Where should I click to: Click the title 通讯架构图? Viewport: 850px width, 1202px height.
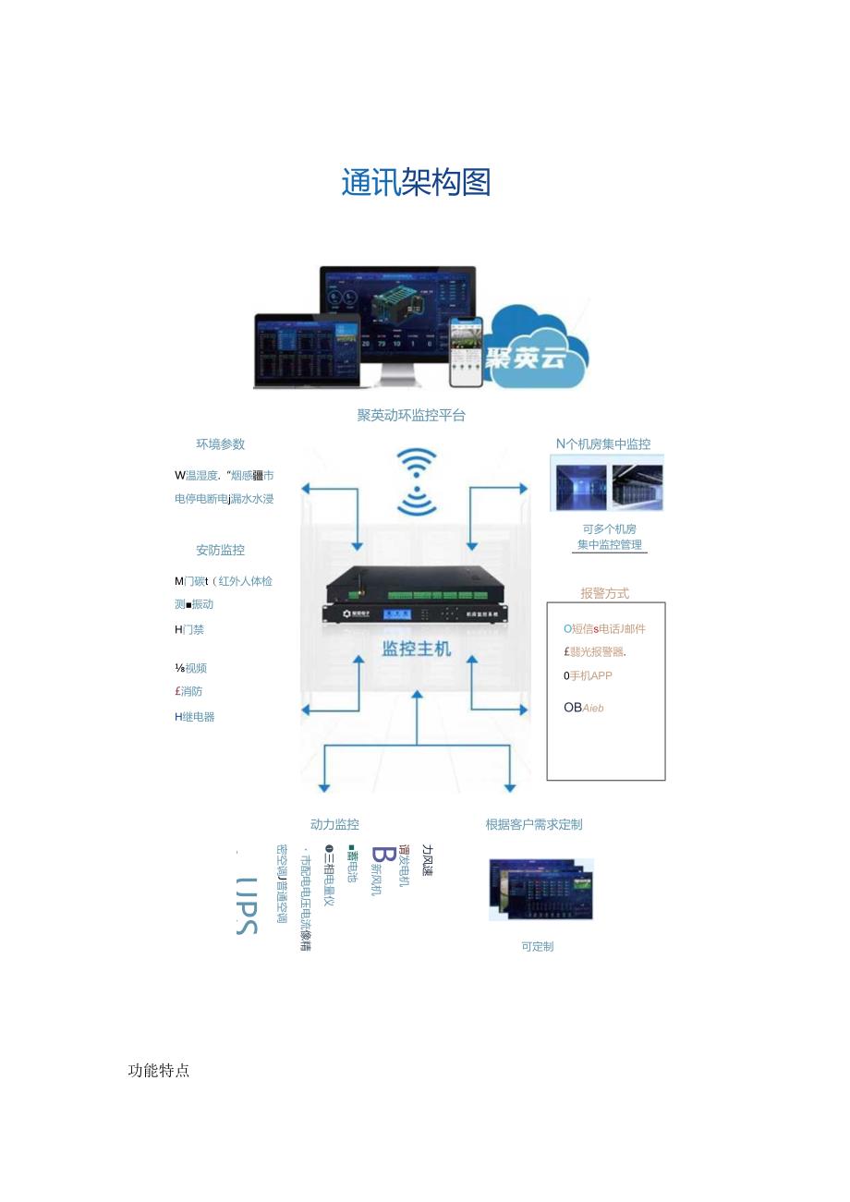pyautogui.click(x=416, y=183)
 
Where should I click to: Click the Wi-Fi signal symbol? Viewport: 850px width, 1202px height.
pyautogui.click(x=417, y=481)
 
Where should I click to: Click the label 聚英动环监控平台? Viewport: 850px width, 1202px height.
pyautogui.click(x=411, y=416)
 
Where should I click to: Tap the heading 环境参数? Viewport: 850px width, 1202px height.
pyautogui.click(x=220, y=444)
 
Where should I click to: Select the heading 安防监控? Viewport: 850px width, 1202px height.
pyautogui.click(x=220, y=550)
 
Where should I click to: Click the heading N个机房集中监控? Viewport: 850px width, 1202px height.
pyautogui.click(x=603, y=444)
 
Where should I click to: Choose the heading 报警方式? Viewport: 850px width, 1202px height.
pyautogui.click(x=604, y=593)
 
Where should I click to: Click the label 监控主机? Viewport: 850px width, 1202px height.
pyautogui.click(x=417, y=649)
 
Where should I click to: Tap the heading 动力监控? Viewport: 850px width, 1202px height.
pyautogui.click(x=334, y=824)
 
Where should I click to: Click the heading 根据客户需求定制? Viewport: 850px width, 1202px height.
pyautogui.click(x=534, y=824)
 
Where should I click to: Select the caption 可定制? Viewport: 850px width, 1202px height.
pyautogui.click(x=537, y=947)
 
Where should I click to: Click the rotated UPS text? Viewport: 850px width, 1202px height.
pyautogui.click(x=246, y=905)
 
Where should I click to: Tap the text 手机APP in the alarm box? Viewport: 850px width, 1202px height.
pyautogui.click(x=590, y=676)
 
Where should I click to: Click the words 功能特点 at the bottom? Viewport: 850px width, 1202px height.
pyautogui.click(x=159, y=1071)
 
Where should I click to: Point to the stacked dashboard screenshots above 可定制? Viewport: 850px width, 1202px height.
pyautogui.click(x=540, y=889)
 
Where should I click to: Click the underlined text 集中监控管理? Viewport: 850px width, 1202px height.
pyautogui.click(x=610, y=545)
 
